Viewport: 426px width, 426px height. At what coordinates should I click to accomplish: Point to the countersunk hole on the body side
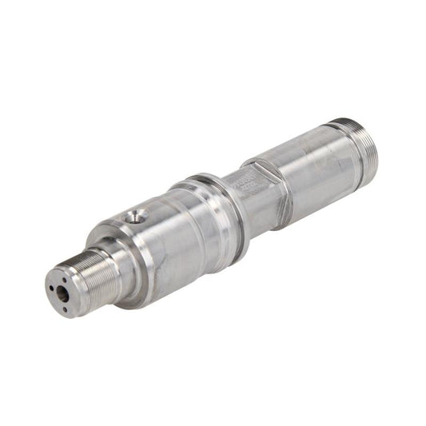[x=137, y=215]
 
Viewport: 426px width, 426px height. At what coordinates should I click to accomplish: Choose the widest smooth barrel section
[x=168, y=240]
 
